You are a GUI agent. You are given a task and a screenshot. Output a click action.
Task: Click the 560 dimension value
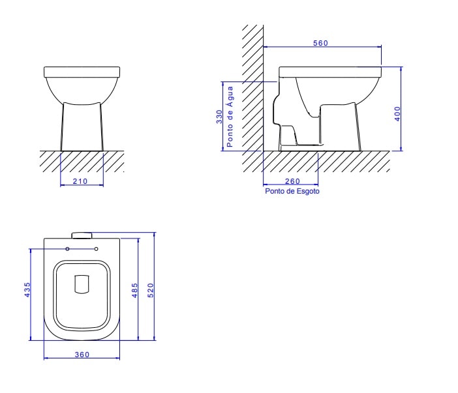point(320,43)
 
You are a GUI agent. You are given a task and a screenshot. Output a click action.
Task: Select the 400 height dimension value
point(397,113)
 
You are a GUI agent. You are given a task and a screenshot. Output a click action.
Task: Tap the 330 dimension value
point(220,116)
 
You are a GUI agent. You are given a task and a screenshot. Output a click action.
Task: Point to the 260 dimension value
point(292,181)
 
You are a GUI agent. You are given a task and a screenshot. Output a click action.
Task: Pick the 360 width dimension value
point(82,355)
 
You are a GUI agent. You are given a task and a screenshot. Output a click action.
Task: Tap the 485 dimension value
point(135,289)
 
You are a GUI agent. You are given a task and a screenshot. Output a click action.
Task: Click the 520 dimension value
point(151,289)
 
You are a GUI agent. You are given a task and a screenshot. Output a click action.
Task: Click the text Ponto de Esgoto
point(292,192)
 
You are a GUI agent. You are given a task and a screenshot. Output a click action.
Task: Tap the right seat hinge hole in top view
point(97,249)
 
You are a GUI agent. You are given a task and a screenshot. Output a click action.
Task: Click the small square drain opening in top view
point(82,285)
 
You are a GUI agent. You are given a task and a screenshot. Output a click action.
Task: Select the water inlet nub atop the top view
point(82,235)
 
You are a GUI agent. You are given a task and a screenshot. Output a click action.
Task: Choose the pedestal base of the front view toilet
point(82,127)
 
